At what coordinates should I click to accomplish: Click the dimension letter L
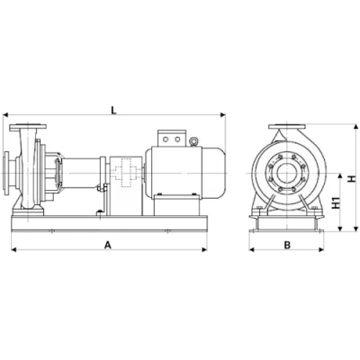tap(113, 111)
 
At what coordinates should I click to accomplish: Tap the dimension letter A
tap(108, 245)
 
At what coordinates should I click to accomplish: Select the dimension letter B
tap(287, 245)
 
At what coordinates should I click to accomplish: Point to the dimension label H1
tap(337, 202)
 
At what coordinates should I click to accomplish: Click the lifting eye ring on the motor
tap(193, 140)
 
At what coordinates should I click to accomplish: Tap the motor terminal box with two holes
tap(172, 139)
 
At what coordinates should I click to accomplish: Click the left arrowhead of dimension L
tap(5, 114)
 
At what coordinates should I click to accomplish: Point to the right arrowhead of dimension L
tap(223, 114)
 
